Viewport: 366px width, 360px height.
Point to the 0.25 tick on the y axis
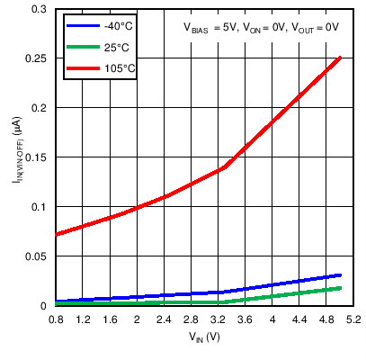37,58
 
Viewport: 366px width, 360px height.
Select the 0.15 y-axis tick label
37,157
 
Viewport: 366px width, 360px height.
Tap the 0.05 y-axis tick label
37,256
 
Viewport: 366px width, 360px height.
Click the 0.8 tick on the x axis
56,319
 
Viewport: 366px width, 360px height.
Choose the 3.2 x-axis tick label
219,319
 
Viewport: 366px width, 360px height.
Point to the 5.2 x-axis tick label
353,319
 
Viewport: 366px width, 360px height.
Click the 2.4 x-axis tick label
165,319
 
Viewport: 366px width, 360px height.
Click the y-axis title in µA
15,157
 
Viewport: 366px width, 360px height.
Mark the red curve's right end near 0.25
341,58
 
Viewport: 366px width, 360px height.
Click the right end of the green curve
341,288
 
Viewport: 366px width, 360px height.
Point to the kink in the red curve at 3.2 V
219,168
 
